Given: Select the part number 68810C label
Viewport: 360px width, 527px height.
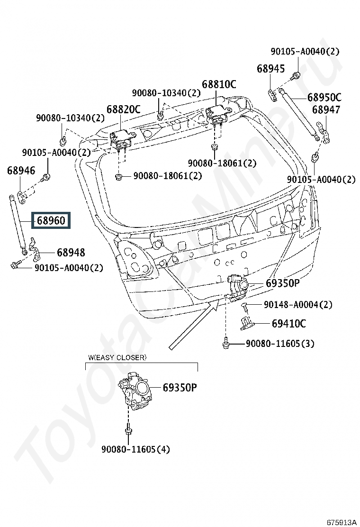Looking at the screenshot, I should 219,84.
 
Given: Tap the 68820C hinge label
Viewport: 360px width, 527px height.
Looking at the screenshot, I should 123,109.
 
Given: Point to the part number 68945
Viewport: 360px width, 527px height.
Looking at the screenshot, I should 271,69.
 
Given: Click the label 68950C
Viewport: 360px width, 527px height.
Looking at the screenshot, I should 324,98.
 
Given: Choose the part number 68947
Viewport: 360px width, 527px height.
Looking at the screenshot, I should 325,110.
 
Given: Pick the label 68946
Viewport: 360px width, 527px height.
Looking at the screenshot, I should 21,171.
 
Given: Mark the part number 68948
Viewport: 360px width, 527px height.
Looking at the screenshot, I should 71,253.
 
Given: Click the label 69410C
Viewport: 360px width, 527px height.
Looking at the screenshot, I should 288,324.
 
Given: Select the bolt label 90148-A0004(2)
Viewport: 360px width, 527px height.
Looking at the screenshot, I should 298,305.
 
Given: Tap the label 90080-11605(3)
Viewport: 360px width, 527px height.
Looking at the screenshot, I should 279,344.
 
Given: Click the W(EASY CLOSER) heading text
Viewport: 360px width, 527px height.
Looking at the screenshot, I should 117,357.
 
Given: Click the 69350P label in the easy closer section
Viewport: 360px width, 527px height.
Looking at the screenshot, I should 180,388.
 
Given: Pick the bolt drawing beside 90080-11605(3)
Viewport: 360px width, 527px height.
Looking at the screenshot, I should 226,343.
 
